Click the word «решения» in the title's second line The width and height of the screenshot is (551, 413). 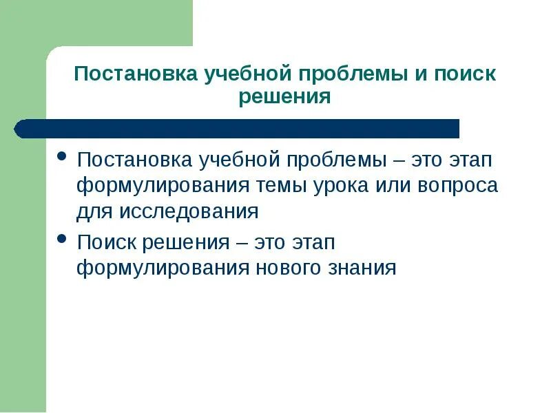(284, 96)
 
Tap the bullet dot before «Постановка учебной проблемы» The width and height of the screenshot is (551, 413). (62, 157)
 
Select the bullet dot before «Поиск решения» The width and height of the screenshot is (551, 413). (62, 239)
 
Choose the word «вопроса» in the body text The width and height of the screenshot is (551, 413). (461, 186)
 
